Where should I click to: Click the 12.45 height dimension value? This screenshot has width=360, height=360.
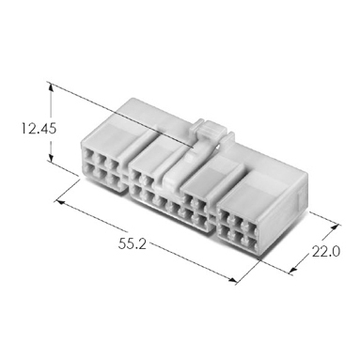click(39, 128)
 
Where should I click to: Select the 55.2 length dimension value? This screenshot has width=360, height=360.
click(133, 243)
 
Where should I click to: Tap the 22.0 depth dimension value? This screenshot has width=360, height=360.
click(326, 252)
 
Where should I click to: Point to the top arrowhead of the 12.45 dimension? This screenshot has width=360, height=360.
click(51, 86)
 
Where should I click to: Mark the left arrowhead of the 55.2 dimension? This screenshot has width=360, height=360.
click(60, 202)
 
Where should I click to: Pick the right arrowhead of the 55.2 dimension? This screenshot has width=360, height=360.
click(232, 279)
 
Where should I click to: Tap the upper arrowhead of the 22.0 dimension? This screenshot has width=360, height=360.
click(336, 227)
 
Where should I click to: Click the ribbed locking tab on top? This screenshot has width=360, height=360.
click(209, 129)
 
